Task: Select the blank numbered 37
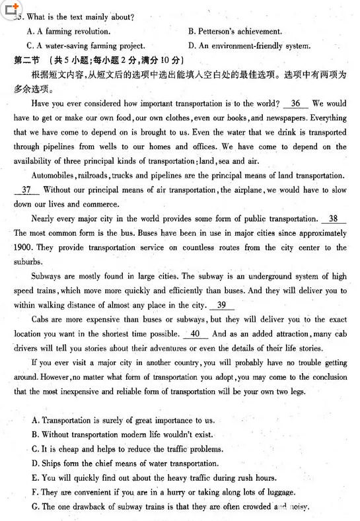pos(26,190)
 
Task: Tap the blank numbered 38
pos(333,219)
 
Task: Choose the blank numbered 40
pos(195,334)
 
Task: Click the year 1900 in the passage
pos(23,248)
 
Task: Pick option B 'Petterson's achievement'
pos(234,32)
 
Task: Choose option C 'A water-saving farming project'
pos(85,46)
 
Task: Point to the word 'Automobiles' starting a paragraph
pos(53,176)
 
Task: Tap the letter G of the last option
pos(34,506)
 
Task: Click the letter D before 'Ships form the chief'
pos(34,464)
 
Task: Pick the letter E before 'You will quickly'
pos(34,478)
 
